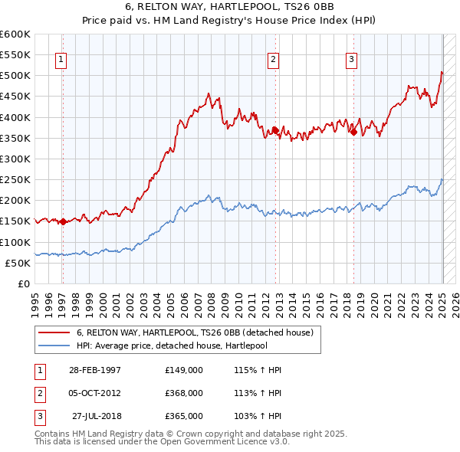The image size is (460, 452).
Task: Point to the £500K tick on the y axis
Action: pos(15,76)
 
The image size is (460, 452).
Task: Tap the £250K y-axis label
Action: pos(15,180)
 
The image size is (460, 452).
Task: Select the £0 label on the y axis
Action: pos(25,283)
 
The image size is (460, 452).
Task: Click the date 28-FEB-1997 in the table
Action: pos(95,370)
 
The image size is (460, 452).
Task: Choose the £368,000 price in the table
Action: pos(184,393)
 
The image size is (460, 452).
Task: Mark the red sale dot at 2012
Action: pos(274,130)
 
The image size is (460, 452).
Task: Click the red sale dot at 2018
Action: pos(353,132)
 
